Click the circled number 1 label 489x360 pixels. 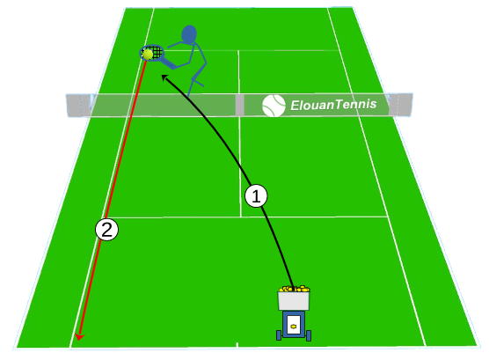pos(256,196)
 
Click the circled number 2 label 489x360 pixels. pos(106,230)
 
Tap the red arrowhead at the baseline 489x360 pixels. pos(79,336)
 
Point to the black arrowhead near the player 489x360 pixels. pos(164,77)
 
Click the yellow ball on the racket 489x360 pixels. pos(147,55)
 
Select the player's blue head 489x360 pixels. pos(189,33)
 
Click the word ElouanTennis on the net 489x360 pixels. pos(333,105)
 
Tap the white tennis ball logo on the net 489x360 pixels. pos(274,106)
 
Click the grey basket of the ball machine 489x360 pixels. pos(294,301)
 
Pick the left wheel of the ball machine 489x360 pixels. pos(279,335)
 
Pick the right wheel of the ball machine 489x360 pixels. pos(309,335)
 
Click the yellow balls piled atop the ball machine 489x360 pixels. pos(294,289)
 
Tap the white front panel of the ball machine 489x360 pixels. pos(294,325)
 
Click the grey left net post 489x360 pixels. pos(74,106)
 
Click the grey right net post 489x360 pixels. pos(401,104)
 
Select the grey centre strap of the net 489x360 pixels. pos(239,106)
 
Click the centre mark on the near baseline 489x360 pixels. pos(237,344)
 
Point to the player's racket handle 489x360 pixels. pos(168,63)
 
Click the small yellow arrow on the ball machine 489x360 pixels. pos(293,327)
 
